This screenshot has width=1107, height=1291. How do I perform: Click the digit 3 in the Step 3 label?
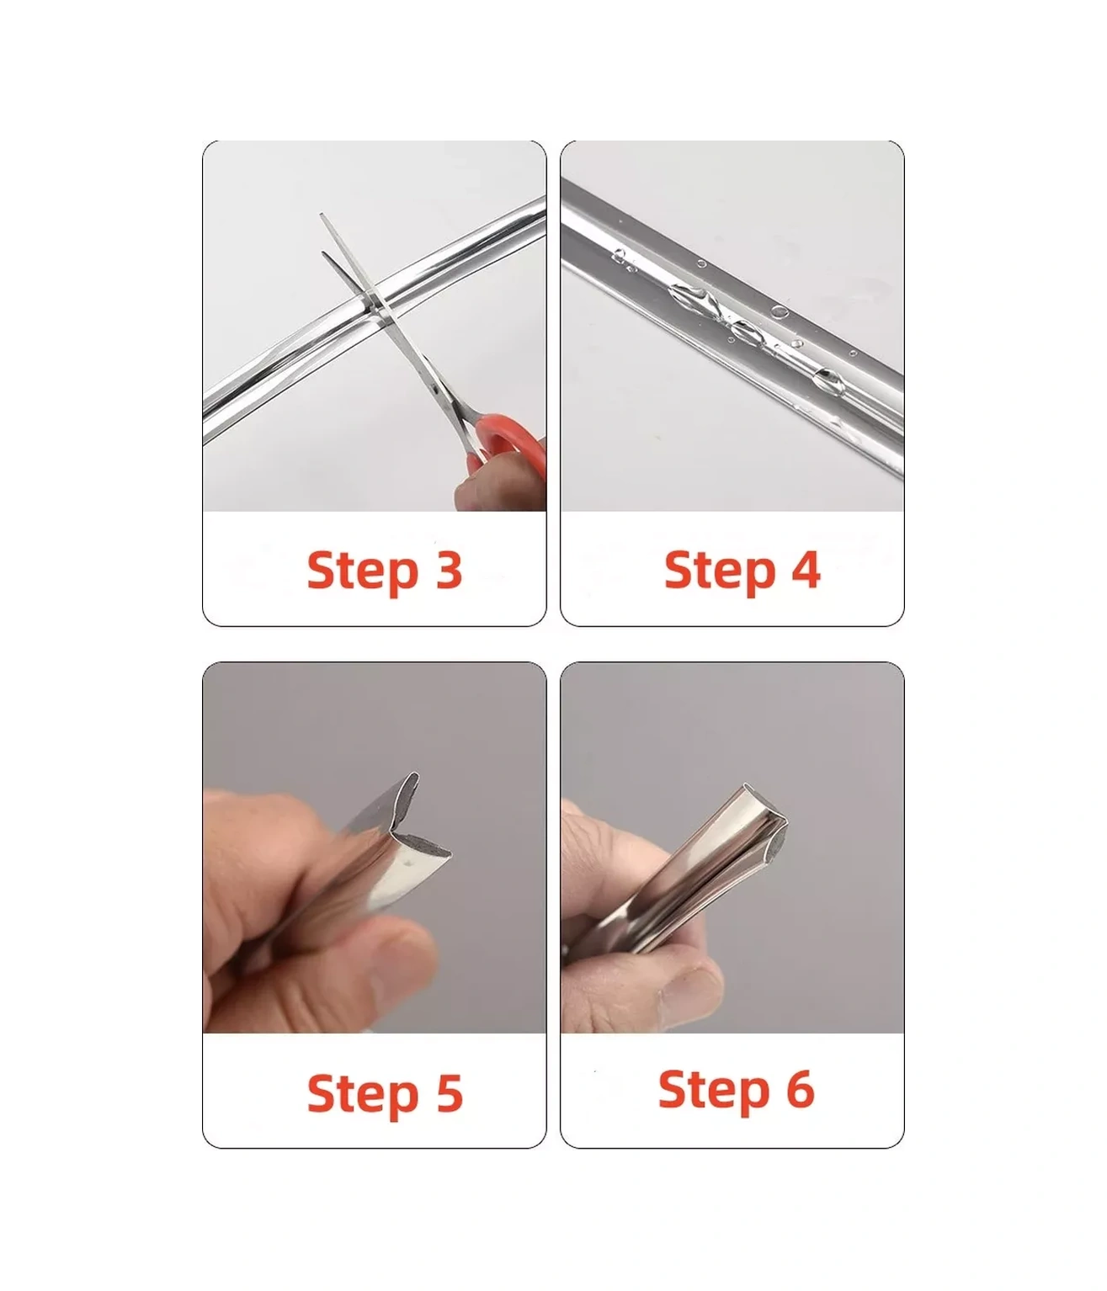click(x=450, y=569)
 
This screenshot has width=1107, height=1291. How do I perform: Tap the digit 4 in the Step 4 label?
click(x=806, y=569)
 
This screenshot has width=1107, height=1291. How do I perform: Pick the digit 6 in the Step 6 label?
click(x=801, y=1089)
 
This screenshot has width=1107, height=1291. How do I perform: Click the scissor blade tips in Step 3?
click(x=322, y=234)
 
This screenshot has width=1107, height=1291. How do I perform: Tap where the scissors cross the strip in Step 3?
click(x=374, y=306)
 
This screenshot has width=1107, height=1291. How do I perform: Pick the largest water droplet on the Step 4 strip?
click(x=690, y=297)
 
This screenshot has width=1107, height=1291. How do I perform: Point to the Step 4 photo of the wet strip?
click(x=732, y=326)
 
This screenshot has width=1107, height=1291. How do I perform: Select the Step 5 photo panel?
click(x=375, y=847)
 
